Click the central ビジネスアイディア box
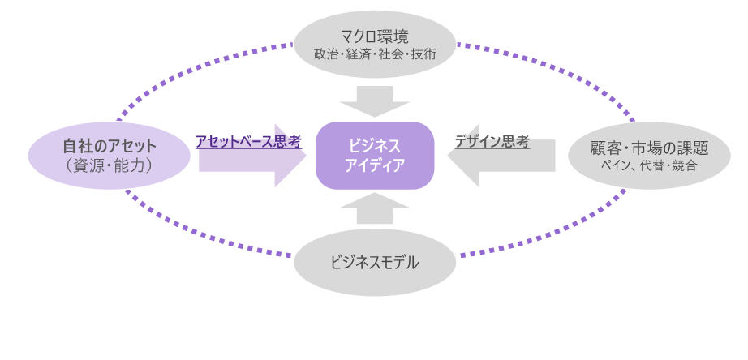click(374, 155)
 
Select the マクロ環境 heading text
click(374, 36)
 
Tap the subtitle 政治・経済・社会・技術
click(374, 55)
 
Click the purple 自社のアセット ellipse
click(109, 156)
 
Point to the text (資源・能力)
click(109, 165)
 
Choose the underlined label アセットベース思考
click(247, 142)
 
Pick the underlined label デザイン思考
click(492, 142)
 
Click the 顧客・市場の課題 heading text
click(648, 148)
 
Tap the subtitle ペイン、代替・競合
click(648, 165)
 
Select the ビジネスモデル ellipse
click(374, 263)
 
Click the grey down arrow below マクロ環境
click(374, 101)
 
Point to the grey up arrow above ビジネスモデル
click(374, 208)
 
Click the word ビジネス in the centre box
click(374, 146)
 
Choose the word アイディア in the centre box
click(374, 165)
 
